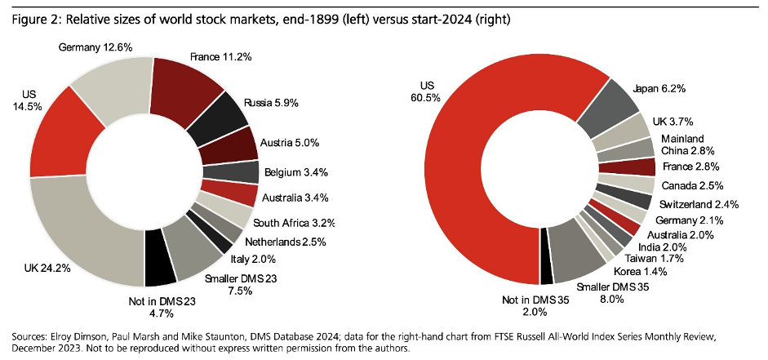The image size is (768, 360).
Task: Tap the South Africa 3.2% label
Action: (295, 223)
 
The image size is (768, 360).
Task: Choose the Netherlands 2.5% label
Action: (287, 241)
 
